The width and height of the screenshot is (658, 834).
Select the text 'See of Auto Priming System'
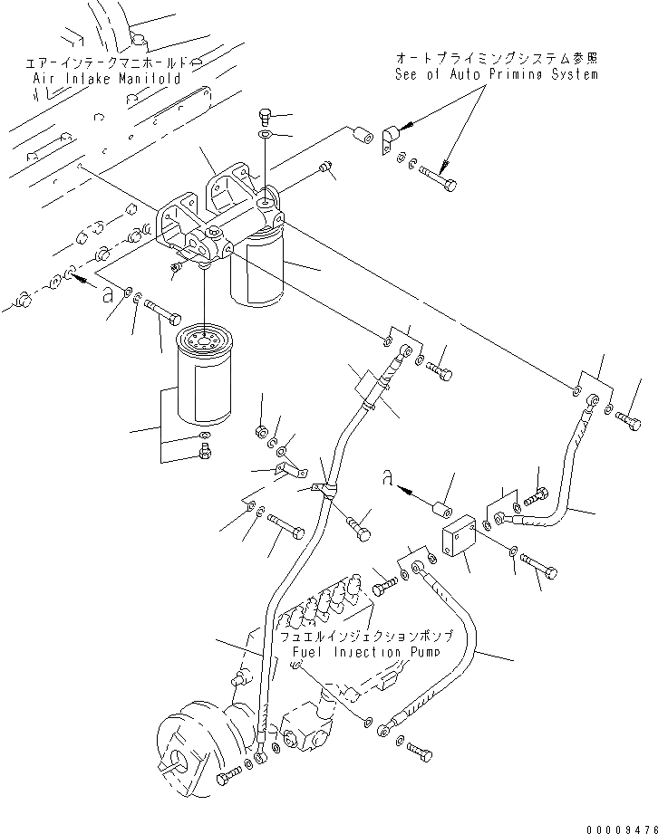496,74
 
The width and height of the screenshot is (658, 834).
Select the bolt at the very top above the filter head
264,114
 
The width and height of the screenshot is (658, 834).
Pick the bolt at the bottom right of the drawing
418,750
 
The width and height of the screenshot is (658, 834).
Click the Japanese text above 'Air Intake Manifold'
107,63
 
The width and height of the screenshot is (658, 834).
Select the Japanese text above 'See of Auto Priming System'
497,58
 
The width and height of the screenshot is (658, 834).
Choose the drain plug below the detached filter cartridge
203,450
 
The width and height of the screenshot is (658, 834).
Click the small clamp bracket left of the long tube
285,470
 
